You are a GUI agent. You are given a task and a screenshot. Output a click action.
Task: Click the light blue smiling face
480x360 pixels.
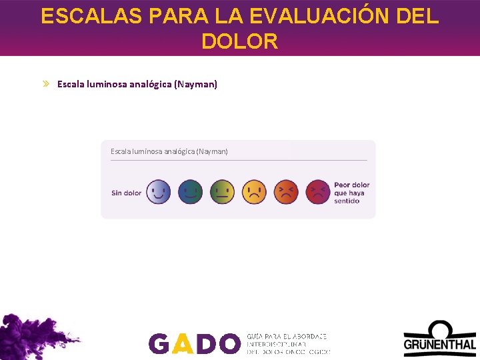tap(158, 192)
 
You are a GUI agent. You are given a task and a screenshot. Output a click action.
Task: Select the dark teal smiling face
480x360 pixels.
tap(191, 192)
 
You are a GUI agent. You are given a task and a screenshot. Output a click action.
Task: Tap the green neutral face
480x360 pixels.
tap(223, 192)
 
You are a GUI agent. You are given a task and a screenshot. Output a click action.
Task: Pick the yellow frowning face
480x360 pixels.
tap(254, 192)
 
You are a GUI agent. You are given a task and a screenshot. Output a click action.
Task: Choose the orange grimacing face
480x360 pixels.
tap(286, 192)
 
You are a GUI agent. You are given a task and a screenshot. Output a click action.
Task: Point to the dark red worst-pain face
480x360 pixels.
tap(318, 192)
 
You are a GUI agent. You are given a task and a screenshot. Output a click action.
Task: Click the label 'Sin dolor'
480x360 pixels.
tap(127, 193)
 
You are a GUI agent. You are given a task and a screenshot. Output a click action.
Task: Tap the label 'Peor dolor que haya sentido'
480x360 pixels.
tap(351, 193)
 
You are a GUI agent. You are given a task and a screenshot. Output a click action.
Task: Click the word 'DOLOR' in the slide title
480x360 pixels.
tap(239, 41)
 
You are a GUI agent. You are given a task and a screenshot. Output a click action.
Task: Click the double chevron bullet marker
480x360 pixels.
tap(46, 84)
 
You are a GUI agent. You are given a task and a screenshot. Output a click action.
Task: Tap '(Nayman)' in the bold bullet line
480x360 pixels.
tap(195, 84)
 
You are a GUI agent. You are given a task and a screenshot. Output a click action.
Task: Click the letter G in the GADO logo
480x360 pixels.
tap(159, 343)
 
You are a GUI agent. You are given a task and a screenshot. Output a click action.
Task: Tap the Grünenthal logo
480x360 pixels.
tap(439, 338)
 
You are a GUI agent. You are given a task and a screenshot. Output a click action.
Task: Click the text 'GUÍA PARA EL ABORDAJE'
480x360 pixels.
tap(287, 337)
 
